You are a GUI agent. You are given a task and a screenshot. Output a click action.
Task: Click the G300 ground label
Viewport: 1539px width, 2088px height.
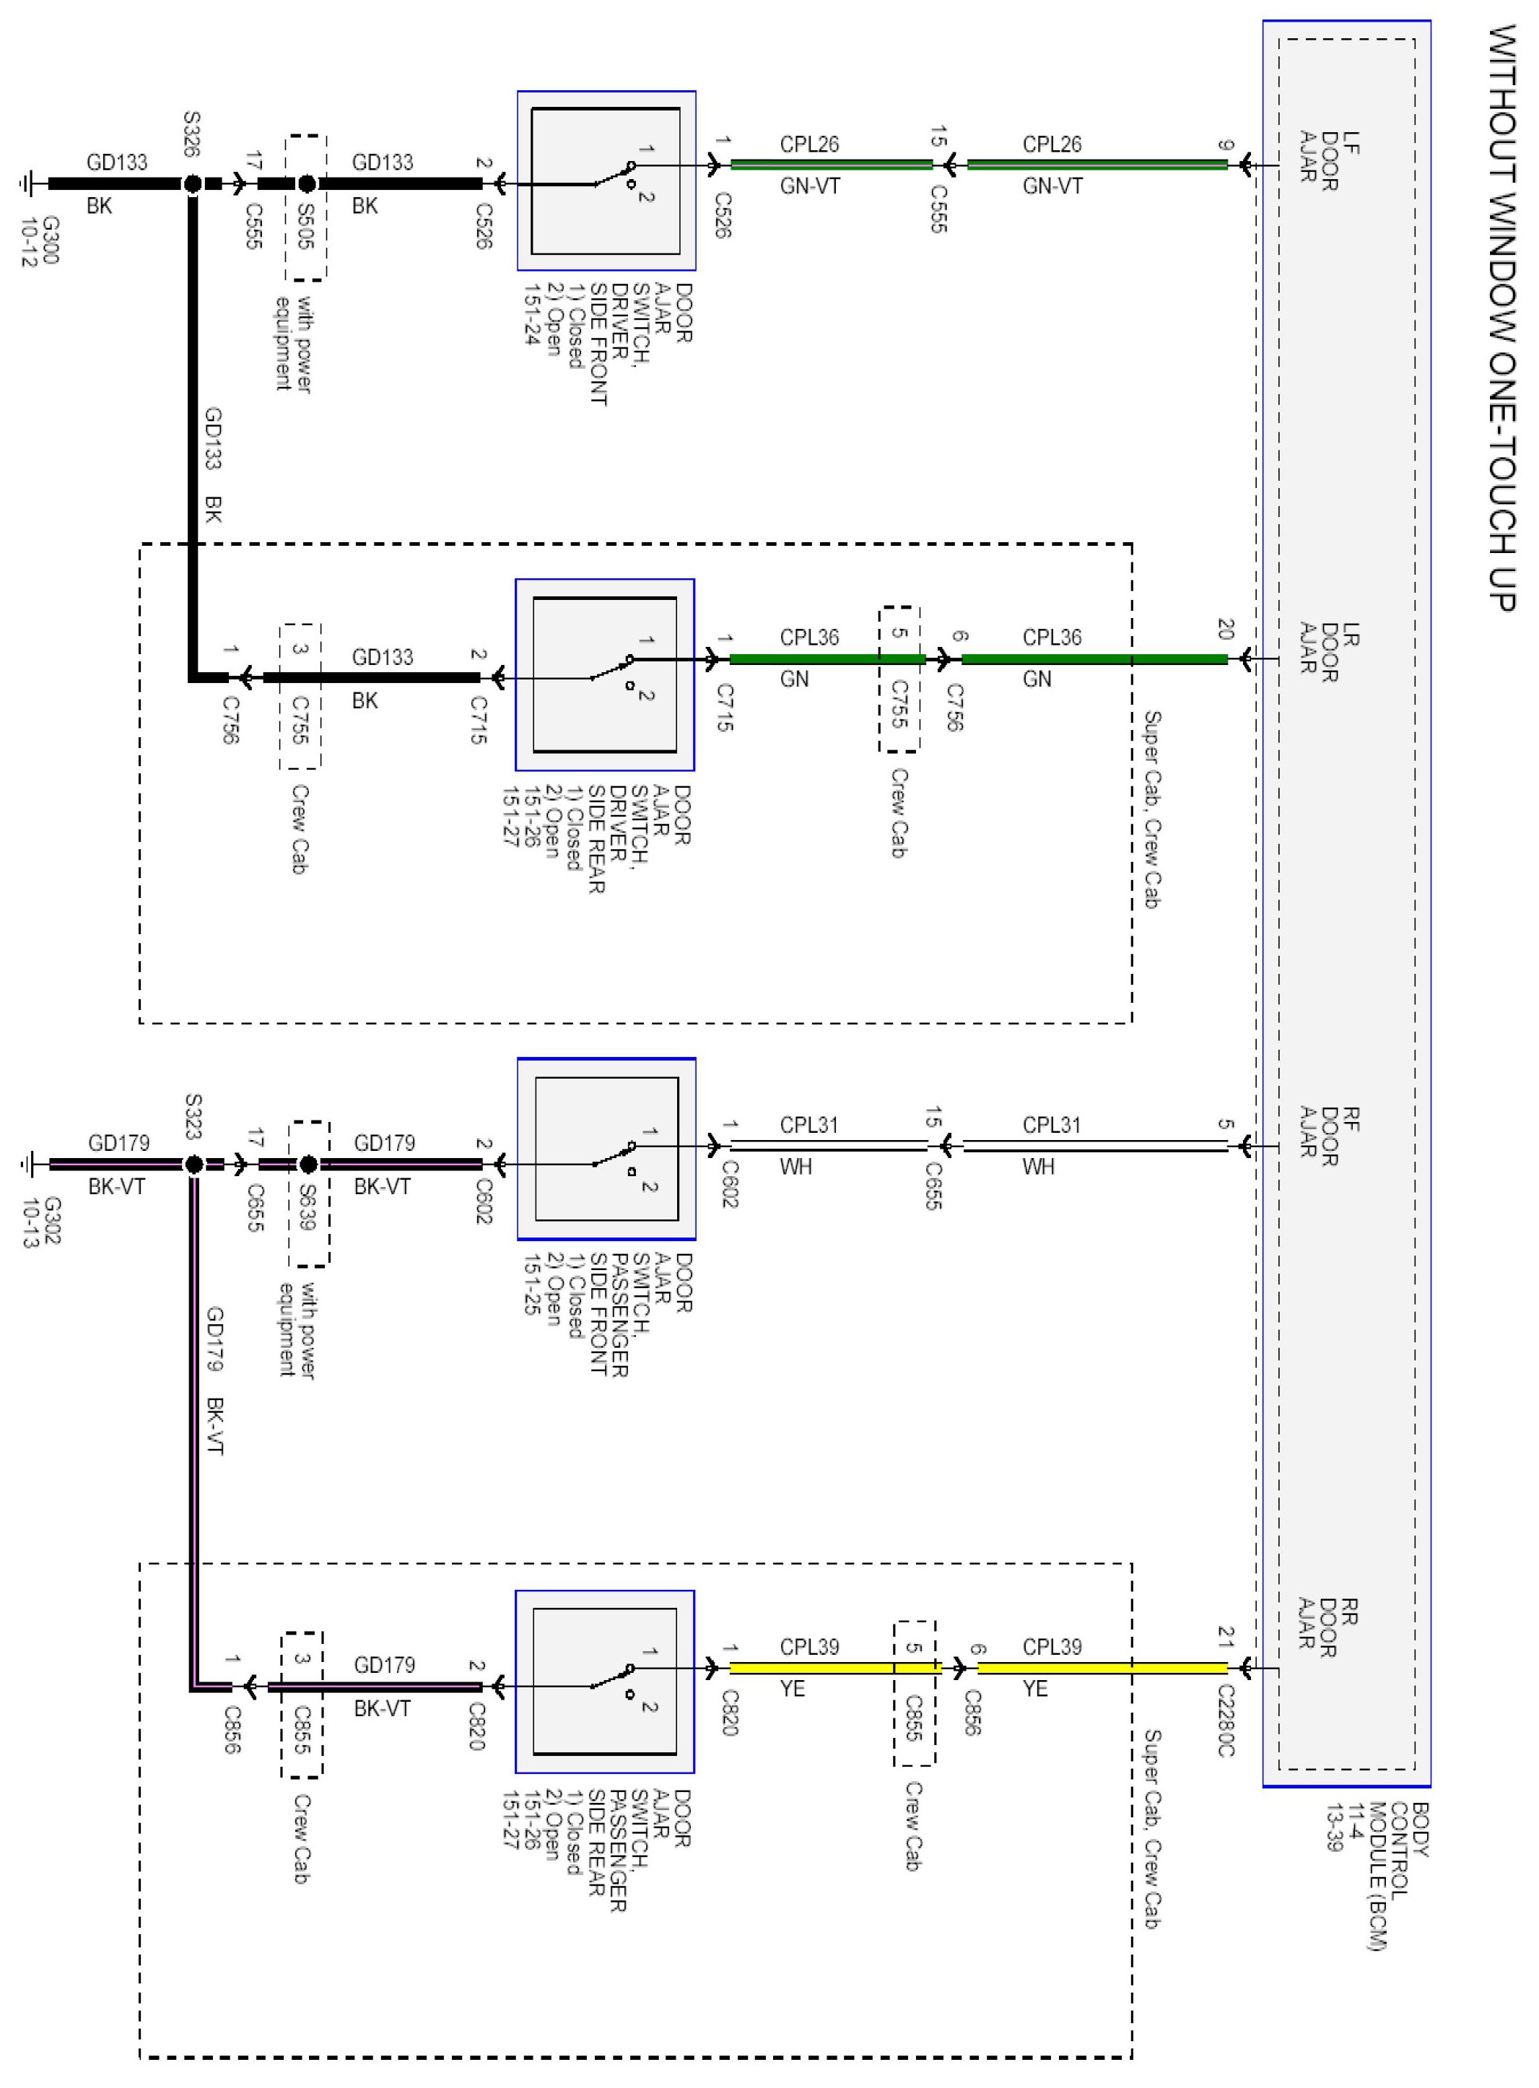pyautogui.click(x=40, y=241)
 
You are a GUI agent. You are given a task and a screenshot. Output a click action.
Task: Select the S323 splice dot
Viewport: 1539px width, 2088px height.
pyautogui.click(x=193, y=1164)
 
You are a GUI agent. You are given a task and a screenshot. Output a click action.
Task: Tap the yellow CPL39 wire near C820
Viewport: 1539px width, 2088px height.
pyautogui.click(x=811, y=1668)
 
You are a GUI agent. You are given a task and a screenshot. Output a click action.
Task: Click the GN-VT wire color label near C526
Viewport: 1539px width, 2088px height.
pyautogui.click(x=811, y=187)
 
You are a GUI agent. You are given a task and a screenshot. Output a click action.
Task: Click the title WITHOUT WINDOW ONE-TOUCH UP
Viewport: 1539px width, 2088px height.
pyautogui.click(x=1501, y=317)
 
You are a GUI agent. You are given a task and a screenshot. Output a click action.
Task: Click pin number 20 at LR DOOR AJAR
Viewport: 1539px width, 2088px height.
pyautogui.click(x=1226, y=629)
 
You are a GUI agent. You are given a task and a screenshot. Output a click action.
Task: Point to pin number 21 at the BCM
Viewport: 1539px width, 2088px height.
pyautogui.click(x=1226, y=1637)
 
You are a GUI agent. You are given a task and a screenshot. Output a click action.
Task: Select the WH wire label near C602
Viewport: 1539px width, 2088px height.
pyautogui.click(x=796, y=1167)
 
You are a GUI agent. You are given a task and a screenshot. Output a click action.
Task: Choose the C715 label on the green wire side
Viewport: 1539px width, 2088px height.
pyautogui.click(x=725, y=708)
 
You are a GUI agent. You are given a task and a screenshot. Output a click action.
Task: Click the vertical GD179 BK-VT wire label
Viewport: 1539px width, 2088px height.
pyautogui.click(x=214, y=1379)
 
